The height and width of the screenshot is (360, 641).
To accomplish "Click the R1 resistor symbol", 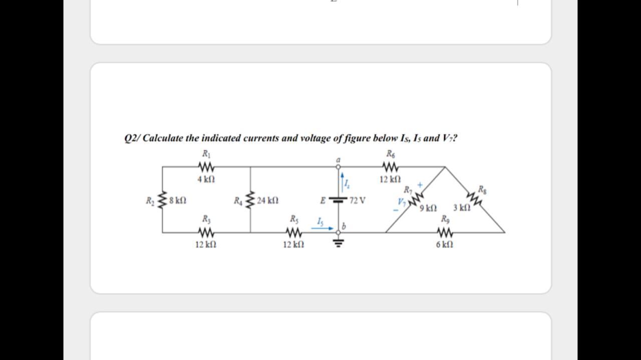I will (206, 166).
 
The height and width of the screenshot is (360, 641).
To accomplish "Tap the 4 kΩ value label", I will (206, 178).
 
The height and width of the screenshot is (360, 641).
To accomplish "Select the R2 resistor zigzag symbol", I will (162, 200).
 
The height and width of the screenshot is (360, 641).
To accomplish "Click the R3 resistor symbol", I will (206, 232).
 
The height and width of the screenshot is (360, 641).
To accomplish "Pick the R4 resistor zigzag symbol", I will (250, 200).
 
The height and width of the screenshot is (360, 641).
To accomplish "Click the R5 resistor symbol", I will (293, 232).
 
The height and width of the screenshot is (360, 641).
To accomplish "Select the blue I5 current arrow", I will (322, 228).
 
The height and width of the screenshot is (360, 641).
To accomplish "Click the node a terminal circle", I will (339, 166).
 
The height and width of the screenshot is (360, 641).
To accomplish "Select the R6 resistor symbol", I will (390, 166).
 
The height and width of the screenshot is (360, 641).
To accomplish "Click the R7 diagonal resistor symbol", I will (415, 199).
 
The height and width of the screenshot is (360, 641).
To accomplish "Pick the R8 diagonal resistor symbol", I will (476, 199).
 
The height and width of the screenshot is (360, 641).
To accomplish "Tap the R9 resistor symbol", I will (445, 232).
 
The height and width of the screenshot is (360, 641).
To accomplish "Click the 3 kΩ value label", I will (461, 208).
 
